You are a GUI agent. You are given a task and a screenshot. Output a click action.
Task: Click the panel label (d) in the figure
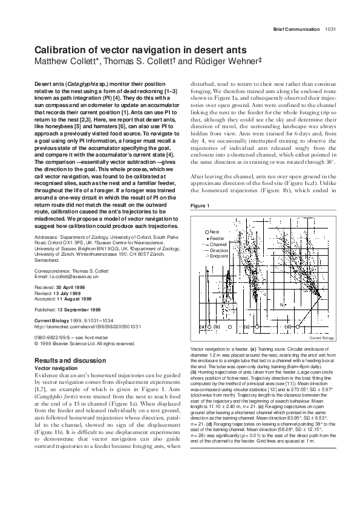(288, 327)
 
